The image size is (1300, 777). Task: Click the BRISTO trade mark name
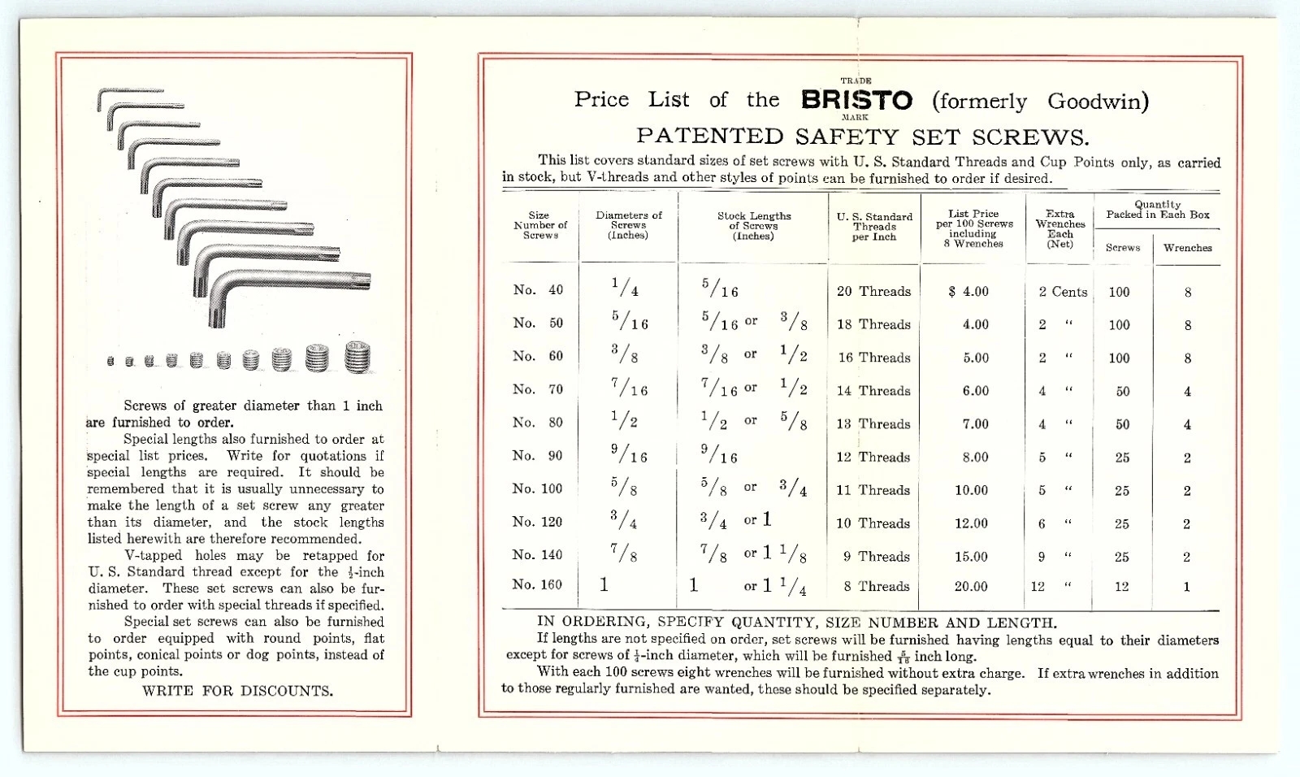856,100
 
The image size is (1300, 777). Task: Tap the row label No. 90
537,456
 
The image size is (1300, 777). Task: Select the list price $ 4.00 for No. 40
968,292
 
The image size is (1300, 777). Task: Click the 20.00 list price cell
971,587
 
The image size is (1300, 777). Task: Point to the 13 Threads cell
873,424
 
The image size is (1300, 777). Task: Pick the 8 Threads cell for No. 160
876,587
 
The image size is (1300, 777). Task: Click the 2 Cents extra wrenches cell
1062,292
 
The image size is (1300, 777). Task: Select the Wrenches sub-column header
1187,248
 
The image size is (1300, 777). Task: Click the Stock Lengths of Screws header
753,226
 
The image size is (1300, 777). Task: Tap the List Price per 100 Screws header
973,228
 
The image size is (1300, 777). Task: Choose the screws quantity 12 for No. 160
1121,587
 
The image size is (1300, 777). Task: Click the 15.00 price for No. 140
971,557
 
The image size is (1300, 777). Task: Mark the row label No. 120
537,522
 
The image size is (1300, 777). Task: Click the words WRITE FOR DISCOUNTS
237,692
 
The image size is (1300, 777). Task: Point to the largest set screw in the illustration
357,357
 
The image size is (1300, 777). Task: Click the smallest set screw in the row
110,361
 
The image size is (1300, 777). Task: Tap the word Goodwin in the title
1097,102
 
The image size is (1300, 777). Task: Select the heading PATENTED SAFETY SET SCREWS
862,137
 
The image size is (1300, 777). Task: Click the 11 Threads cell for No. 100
873,490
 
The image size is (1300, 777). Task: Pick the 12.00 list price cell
971,523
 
